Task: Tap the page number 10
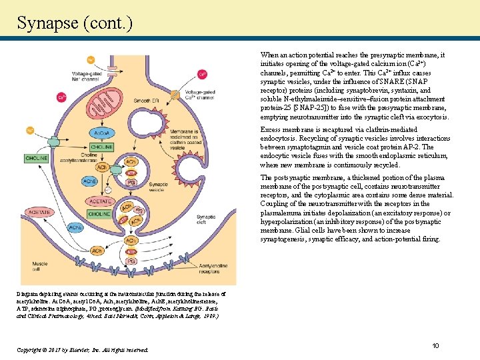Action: tap(435, 345)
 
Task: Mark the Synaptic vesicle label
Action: tap(158, 187)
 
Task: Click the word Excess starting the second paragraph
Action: tap(271, 129)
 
